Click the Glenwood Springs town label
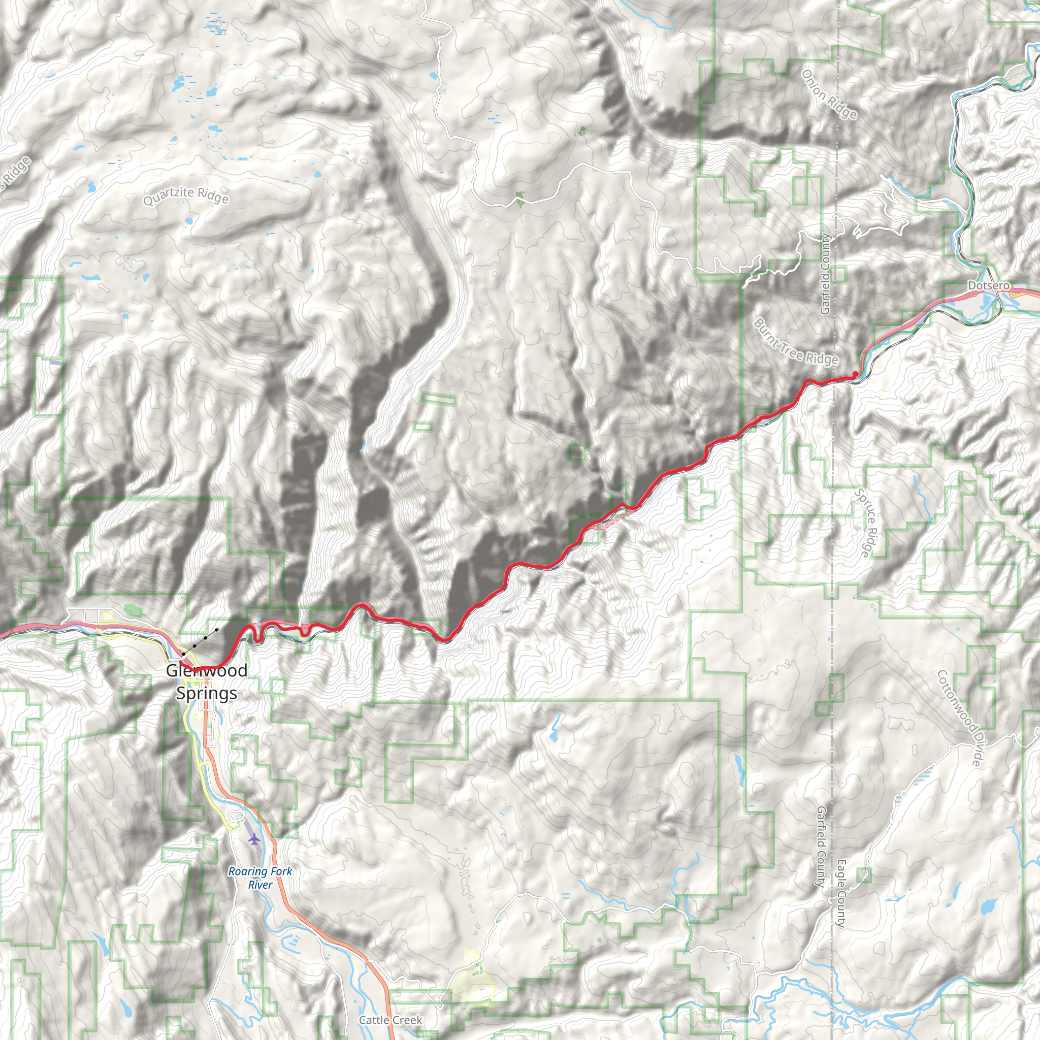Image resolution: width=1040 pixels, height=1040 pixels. (207, 682)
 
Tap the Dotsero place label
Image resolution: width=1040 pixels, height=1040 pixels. (989, 286)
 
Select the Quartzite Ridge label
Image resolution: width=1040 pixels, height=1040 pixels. (186, 197)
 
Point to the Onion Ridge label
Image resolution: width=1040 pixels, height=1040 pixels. (829, 94)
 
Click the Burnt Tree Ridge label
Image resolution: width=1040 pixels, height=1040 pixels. (796, 342)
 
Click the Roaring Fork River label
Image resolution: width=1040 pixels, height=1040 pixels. (260, 877)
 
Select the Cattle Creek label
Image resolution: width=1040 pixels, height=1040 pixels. (391, 1020)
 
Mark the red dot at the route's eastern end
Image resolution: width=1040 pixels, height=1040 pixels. (855, 374)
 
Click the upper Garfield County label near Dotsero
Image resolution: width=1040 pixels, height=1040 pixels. (825, 275)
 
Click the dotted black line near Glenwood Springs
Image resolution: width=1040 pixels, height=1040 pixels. (200, 641)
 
